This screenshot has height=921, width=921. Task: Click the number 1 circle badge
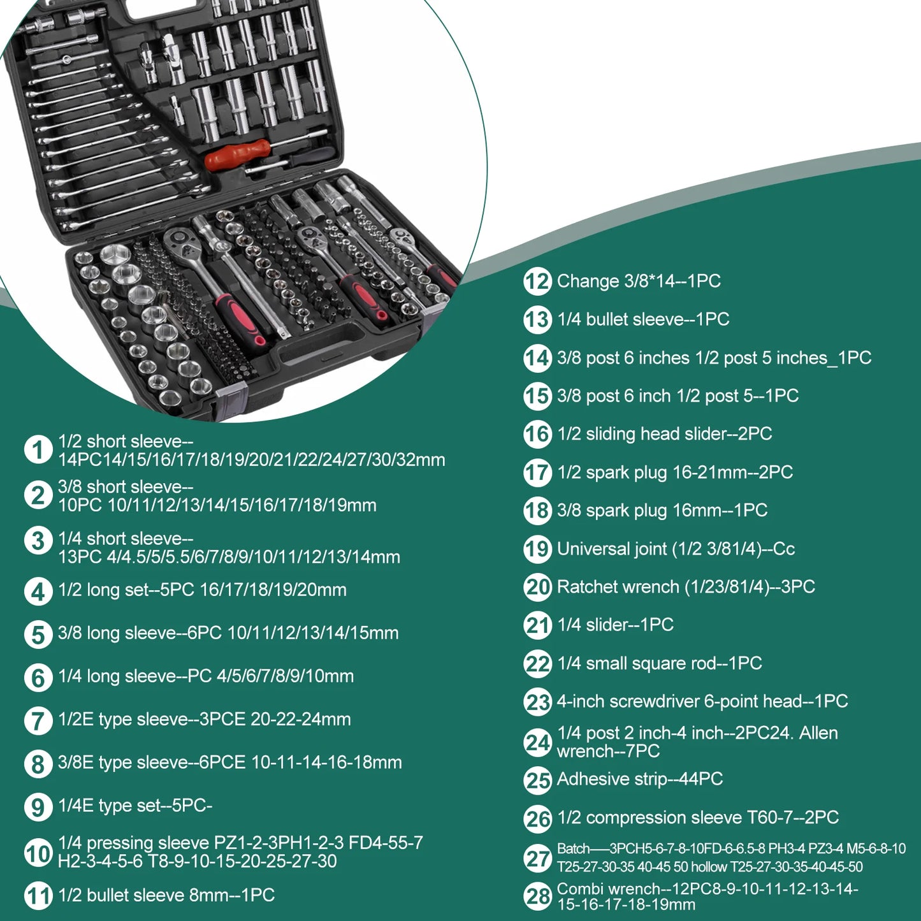pyautogui.click(x=38, y=449)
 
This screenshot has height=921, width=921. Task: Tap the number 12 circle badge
pyautogui.click(x=537, y=281)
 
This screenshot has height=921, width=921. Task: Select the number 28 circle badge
pyautogui.click(x=537, y=896)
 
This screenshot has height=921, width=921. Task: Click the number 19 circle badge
pyautogui.click(x=537, y=549)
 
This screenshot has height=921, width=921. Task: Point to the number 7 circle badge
pyautogui.click(x=38, y=720)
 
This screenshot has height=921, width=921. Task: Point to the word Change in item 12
pyautogui.click(x=588, y=281)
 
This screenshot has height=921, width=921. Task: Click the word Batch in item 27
pyautogui.click(x=573, y=848)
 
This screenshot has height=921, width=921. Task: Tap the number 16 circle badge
pyautogui.click(x=537, y=434)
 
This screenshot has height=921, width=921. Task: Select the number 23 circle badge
pyautogui.click(x=537, y=702)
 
